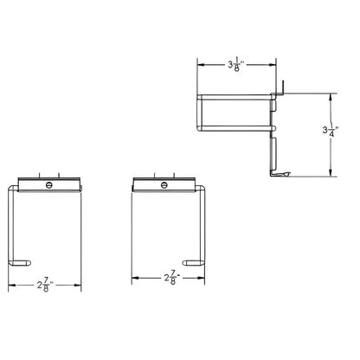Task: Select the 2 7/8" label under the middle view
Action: (x=170, y=279)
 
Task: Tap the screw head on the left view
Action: (x=49, y=184)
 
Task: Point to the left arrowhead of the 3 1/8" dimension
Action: (x=201, y=63)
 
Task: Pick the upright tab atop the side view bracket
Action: (x=281, y=84)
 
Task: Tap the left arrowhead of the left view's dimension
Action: (x=11, y=285)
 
